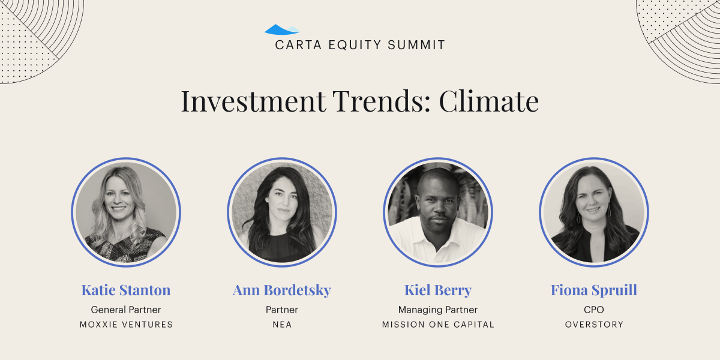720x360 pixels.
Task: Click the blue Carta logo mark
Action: pyautogui.click(x=282, y=29)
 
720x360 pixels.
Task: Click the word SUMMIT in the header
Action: pyautogui.click(x=416, y=45)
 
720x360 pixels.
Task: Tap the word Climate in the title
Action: pyautogui.click(x=489, y=101)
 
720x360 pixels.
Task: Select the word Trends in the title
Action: pyautogui.click(x=382, y=101)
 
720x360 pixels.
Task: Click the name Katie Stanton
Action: pyautogui.click(x=126, y=290)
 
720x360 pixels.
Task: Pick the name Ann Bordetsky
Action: pyautogui.click(x=282, y=290)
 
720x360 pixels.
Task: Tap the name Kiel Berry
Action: pyautogui.click(x=438, y=290)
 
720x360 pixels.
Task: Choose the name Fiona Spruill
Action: pyautogui.click(x=594, y=290)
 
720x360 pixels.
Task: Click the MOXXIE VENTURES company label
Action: pyautogui.click(x=126, y=325)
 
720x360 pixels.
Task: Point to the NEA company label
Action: pyautogui.click(x=282, y=325)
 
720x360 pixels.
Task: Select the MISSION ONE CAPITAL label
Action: pyautogui.click(x=438, y=325)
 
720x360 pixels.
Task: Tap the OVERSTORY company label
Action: pyautogui.click(x=594, y=325)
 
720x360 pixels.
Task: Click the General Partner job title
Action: pyautogui.click(x=126, y=310)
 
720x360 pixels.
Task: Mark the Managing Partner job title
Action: pyautogui.click(x=438, y=310)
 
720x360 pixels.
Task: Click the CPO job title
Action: pyautogui.click(x=594, y=310)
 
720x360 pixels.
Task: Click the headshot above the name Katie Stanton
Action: pyautogui.click(x=126, y=212)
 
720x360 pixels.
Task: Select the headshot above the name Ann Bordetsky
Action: pyautogui.click(x=282, y=212)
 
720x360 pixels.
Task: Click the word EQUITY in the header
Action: pyautogui.click(x=355, y=45)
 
